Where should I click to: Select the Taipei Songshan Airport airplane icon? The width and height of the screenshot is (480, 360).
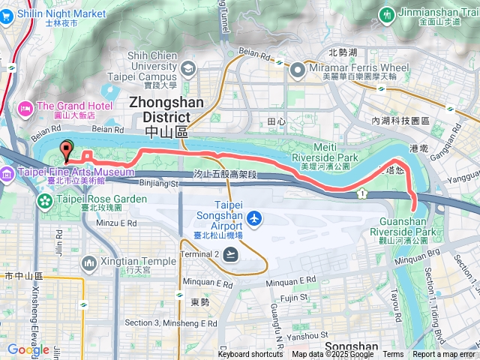pos(255,217)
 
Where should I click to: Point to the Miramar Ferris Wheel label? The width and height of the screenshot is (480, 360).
pos(359,67)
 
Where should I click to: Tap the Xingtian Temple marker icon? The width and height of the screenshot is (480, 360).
pos(89,262)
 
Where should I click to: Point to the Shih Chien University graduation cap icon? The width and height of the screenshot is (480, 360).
pos(187,69)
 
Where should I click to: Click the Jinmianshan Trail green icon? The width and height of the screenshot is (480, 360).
pos(387,14)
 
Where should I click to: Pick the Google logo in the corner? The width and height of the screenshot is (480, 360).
pos(28,349)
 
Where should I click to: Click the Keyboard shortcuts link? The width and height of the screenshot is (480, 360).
pos(250,355)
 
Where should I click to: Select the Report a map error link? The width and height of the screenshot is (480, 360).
pos(444,355)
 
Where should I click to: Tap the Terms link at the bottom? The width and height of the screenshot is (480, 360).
pos(393,355)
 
